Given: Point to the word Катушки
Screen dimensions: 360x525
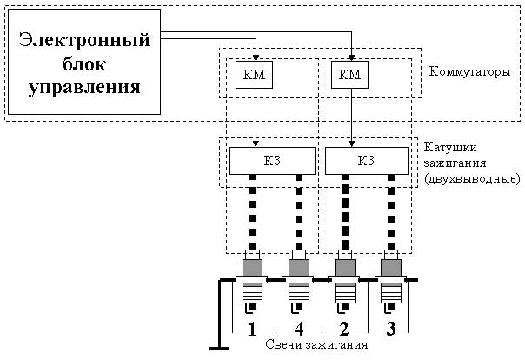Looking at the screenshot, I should pyautogui.click(x=449, y=145).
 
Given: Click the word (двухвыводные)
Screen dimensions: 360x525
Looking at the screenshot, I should pyautogui.click(x=472, y=178).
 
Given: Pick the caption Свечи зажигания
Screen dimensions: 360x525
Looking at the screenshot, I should pyautogui.click(x=316, y=344).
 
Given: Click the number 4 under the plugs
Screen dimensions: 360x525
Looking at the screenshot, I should pyautogui.click(x=299, y=329).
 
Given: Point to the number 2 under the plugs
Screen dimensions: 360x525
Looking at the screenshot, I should pyautogui.click(x=345, y=329).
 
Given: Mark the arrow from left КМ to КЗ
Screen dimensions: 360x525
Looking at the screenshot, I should pyautogui.click(x=256, y=117).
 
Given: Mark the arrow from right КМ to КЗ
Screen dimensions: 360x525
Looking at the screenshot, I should pyautogui.click(x=351, y=117).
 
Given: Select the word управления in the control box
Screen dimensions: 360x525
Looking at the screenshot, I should pyautogui.click(x=84, y=87).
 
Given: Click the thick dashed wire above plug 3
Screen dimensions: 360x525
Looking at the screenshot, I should pyautogui.click(x=388, y=213).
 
